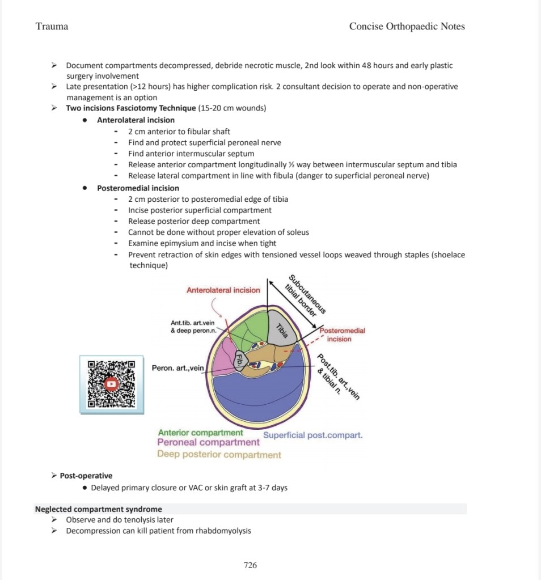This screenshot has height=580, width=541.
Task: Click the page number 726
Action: click(x=250, y=565)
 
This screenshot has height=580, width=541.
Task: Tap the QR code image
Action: click(x=111, y=384)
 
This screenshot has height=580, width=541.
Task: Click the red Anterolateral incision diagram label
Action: click(x=223, y=290)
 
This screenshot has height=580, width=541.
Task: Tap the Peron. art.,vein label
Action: click(x=177, y=369)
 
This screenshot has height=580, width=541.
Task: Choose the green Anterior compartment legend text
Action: click(x=200, y=433)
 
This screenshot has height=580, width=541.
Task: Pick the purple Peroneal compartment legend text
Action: click(x=208, y=442)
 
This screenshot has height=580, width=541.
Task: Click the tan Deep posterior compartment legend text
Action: click(x=219, y=455)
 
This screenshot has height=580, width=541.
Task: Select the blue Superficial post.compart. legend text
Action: click(x=312, y=435)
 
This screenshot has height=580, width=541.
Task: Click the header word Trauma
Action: click(x=52, y=27)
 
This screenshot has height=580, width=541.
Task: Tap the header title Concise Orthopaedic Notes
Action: click(x=407, y=27)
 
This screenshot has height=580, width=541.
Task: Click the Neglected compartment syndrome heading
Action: click(x=99, y=509)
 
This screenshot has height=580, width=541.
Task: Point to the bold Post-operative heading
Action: click(x=86, y=476)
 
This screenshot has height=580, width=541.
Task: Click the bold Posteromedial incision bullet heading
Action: click(x=138, y=188)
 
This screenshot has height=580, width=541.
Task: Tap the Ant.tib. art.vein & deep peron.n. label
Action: click(x=193, y=327)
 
